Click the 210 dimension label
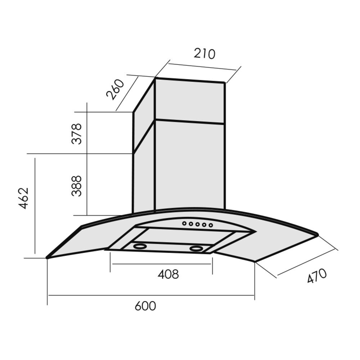(x=204, y=54)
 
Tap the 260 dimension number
(x=116, y=90)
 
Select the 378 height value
(x=77, y=134)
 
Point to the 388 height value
(x=77, y=186)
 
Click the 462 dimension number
(x=24, y=198)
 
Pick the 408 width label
(x=168, y=274)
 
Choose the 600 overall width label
(x=145, y=306)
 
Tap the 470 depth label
(x=317, y=276)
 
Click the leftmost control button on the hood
(x=184, y=223)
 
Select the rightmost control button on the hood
(x=211, y=225)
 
